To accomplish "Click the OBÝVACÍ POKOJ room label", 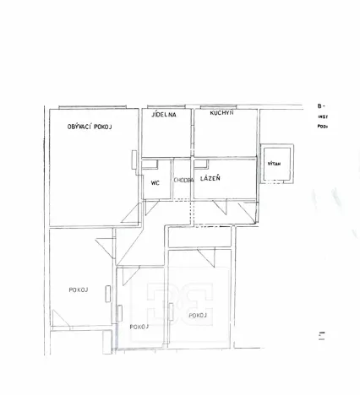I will [90, 126].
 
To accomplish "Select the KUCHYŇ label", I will [222, 112].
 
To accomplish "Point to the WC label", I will [155, 182].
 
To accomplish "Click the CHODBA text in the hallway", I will [183, 180].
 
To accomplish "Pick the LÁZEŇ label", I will [210, 178].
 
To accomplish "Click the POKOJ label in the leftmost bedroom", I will [80, 289].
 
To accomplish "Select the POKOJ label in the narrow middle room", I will [139, 327].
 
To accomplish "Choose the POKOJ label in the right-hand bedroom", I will [199, 316].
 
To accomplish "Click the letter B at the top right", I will [320, 106].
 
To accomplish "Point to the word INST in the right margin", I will [323, 116].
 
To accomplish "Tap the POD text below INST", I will [323, 127].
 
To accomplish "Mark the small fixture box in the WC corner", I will [148, 165].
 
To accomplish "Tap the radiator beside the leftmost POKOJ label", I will [107, 293].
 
